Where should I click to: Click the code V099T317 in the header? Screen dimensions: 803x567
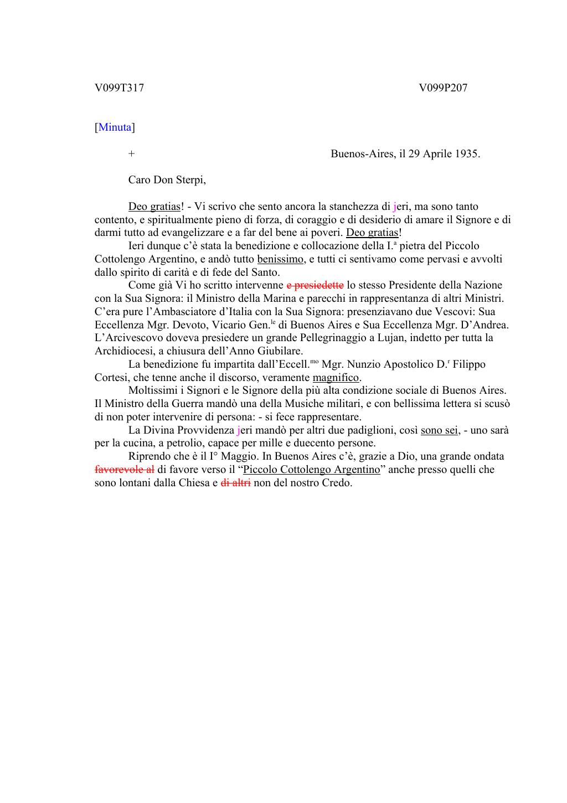point(119,87)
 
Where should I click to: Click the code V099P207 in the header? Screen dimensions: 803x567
point(443,87)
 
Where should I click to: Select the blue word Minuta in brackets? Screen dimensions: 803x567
point(115,127)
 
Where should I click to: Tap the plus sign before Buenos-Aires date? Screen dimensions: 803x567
point(131,154)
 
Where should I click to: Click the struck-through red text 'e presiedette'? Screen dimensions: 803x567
point(315,285)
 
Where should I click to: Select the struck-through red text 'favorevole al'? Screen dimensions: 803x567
point(125,470)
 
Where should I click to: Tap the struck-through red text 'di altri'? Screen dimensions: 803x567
point(236,482)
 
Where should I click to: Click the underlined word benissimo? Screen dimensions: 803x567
point(280,259)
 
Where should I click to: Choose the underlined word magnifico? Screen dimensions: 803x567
point(336,378)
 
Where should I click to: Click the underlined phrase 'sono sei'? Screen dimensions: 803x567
point(440,430)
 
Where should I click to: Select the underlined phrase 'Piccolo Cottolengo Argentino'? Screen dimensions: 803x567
point(312,470)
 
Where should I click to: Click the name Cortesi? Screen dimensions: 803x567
point(111,378)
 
